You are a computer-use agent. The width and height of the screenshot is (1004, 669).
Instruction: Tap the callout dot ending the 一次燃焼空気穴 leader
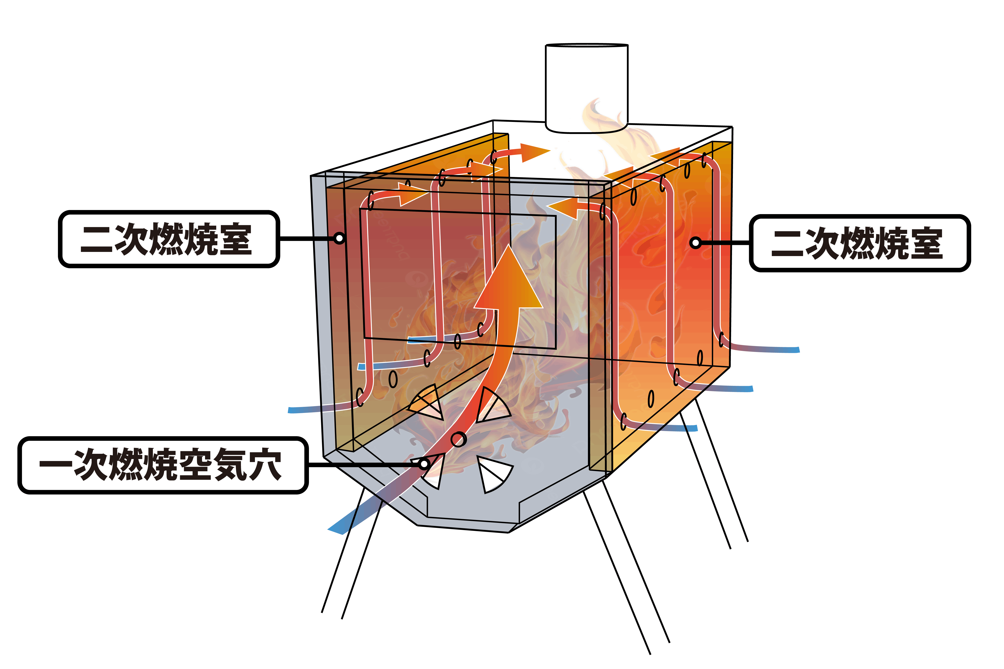point(424,464)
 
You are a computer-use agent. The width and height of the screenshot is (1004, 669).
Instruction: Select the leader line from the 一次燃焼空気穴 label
point(363,464)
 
